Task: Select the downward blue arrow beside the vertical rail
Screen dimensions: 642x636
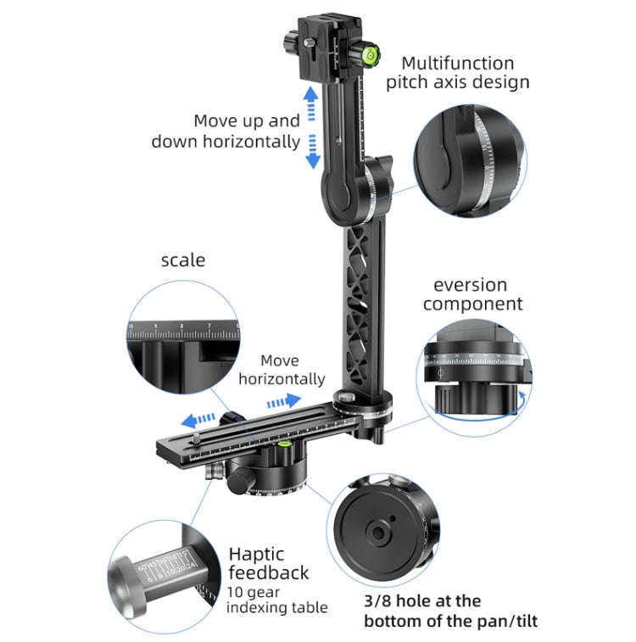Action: [x=311, y=151]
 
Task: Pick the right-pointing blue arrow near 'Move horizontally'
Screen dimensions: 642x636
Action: [x=282, y=399]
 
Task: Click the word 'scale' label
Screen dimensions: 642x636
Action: [x=183, y=260]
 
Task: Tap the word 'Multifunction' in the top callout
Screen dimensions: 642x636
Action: [x=457, y=64]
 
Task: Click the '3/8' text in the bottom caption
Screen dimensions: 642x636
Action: [x=382, y=601]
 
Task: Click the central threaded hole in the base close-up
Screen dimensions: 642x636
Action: [x=376, y=532]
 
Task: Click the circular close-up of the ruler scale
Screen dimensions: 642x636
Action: [x=181, y=338]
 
